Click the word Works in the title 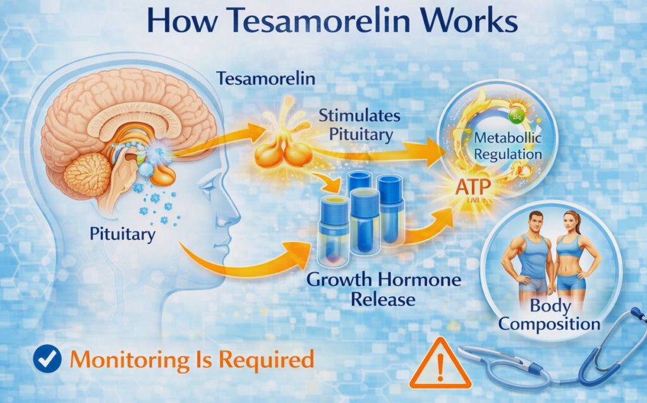pyautogui.click(x=470, y=21)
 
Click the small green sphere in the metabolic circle pyautogui.click(x=514, y=116)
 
